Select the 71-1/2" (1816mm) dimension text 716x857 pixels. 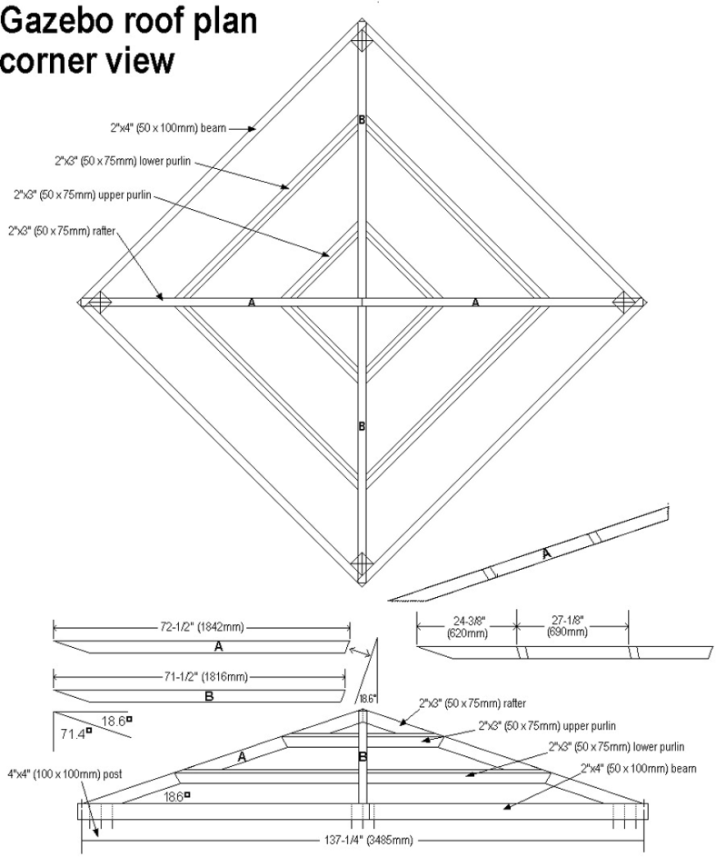201,677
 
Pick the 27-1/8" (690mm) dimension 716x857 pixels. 572,628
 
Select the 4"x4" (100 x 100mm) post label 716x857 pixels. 69,774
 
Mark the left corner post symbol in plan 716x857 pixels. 99,303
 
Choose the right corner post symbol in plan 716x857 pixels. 623,303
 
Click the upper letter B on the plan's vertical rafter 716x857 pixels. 362,120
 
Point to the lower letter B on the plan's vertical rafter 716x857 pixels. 362,426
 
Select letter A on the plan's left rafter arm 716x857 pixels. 252,303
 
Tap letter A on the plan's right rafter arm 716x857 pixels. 475,303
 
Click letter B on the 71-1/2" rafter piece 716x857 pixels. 208,697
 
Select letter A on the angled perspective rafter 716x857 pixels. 546,553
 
